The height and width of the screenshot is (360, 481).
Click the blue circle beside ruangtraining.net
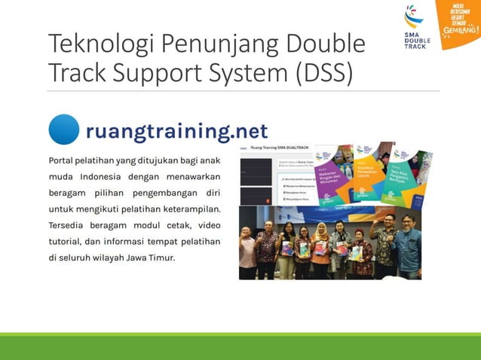(x=64, y=130)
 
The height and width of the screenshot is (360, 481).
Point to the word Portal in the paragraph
(x=64, y=160)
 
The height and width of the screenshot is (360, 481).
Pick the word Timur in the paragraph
(x=161, y=257)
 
